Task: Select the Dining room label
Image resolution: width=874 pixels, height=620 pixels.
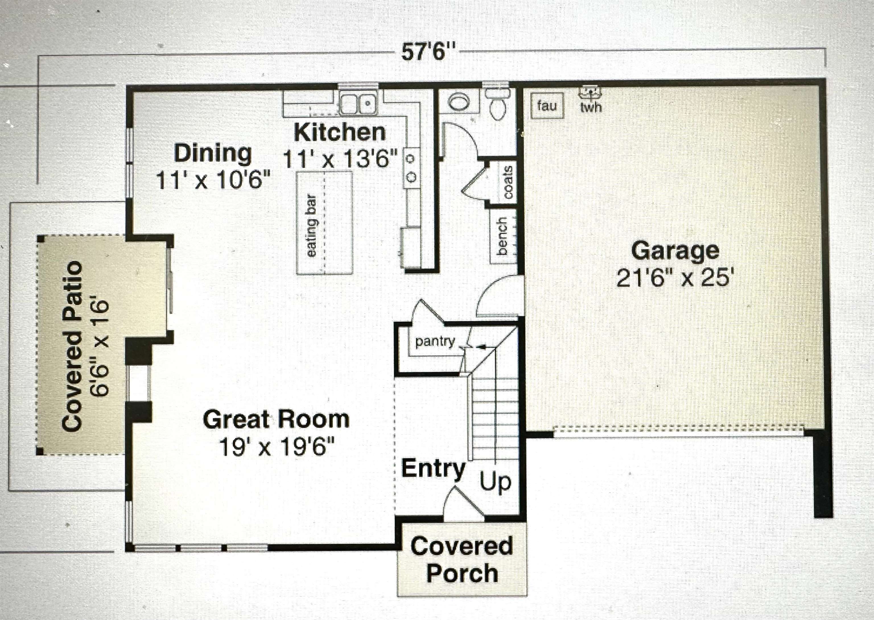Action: [213, 153]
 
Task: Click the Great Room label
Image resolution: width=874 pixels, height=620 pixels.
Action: [276, 419]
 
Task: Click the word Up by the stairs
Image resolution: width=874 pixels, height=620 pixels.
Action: [495, 482]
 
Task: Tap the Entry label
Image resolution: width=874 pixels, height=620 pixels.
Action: [434, 468]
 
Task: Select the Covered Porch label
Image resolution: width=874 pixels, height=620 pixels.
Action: [462, 560]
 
